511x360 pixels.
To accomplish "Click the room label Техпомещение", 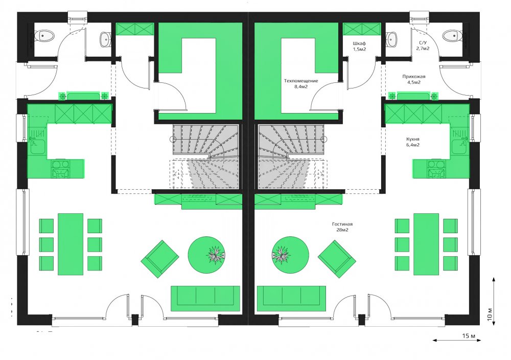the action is point(301,81).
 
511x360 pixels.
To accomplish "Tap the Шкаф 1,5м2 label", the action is point(359,46).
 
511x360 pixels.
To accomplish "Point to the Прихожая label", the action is point(413,77).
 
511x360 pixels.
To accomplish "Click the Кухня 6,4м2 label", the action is point(412,142).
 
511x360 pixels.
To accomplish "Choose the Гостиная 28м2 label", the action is point(342,227).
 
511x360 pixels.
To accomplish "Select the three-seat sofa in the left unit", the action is point(205,298).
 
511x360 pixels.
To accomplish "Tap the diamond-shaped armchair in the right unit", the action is point(337,259).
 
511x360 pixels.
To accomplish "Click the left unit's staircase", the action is point(206,156).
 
